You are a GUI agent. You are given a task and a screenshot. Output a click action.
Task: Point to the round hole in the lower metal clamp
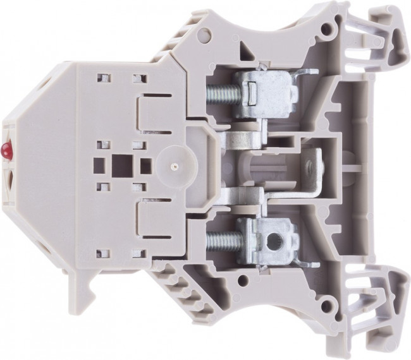tap(274, 241)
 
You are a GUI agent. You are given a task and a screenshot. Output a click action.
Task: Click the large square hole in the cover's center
tap(120, 166)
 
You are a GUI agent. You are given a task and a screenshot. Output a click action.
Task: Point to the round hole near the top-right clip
tap(327, 28)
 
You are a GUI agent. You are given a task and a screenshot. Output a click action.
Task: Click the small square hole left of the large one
tap(98, 165)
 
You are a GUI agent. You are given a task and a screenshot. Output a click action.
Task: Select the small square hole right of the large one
tap(145, 165)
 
